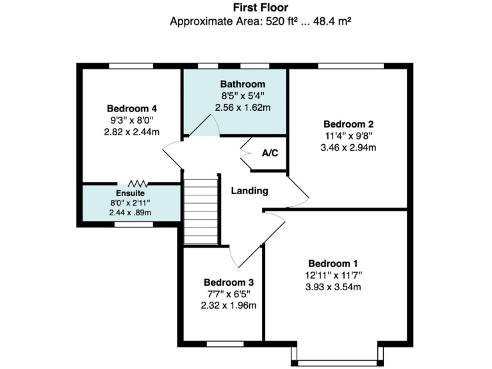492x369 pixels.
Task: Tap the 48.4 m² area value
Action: click(334, 21)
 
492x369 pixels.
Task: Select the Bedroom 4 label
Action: click(131, 108)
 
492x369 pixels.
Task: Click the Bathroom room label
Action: click(242, 84)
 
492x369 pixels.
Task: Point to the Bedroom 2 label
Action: click(348, 124)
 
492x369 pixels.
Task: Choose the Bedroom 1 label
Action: click(333, 263)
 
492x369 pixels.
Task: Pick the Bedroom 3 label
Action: click(229, 282)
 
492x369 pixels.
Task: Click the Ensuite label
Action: click(130, 193)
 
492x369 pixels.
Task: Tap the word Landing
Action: click(249, 191)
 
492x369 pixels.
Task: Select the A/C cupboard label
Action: click(270, 154)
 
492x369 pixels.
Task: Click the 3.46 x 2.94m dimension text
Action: click(348, 147)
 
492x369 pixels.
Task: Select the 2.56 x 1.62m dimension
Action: click(242, 108)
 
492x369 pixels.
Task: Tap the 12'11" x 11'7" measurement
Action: click(333, 275)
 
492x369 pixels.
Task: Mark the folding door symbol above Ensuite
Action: click(136, 183)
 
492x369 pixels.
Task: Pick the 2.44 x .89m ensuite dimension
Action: click(130, 213)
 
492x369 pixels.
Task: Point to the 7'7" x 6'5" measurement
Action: click(229, 294)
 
